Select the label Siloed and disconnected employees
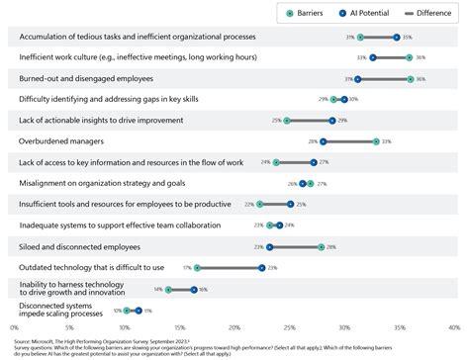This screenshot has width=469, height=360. coord(80,246)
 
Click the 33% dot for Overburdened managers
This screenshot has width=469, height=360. coord(376,141)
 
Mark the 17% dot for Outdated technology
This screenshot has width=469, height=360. coord(197,267)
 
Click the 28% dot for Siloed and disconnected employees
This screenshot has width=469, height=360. coord(322,246)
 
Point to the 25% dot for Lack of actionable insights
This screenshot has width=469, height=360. coord(287,121)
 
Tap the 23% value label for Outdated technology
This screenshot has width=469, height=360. coord(272,267)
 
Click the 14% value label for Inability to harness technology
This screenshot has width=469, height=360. coord(157,289)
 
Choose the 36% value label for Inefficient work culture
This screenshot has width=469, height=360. coord(422,57)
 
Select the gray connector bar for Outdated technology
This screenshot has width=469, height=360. coord(230,267)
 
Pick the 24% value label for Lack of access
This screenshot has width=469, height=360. coord(265,162)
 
